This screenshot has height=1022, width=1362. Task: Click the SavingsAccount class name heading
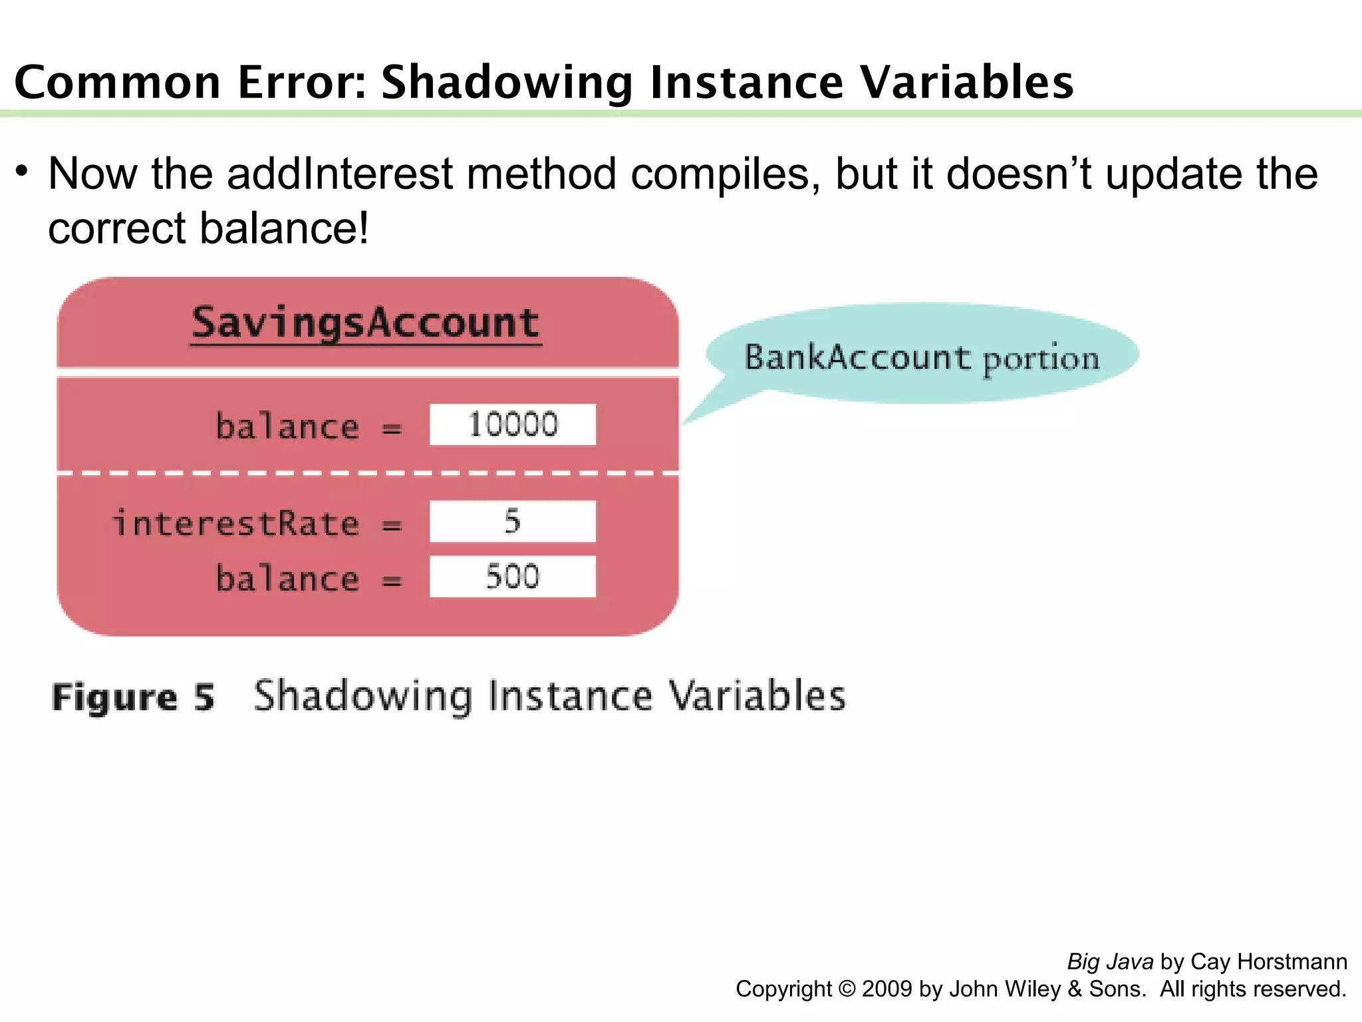point(366,323)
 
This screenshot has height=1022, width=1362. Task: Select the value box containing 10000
point(512,425)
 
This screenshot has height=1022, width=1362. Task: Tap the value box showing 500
point(512,576)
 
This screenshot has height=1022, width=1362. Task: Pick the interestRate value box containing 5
point(512,521)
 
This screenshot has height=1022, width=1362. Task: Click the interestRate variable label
point(236,523)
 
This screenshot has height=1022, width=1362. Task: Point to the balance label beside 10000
point(287,426)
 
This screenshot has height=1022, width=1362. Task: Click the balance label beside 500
point(287,578)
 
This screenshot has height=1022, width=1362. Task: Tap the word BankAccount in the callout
point(857,358)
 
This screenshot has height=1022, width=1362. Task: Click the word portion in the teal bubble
point(1041,360)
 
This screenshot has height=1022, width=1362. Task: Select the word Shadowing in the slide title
point(507,83)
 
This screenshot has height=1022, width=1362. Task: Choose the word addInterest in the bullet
point(340,174)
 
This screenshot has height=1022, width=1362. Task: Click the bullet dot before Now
point(23,172)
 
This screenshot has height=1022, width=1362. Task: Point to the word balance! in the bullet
point(284,229)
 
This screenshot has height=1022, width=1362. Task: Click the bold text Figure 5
point(133,698)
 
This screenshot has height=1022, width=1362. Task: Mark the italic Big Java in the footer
point(1110,961)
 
